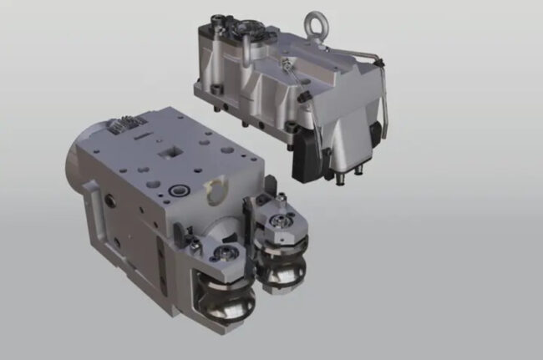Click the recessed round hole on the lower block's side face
point(110,199)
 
